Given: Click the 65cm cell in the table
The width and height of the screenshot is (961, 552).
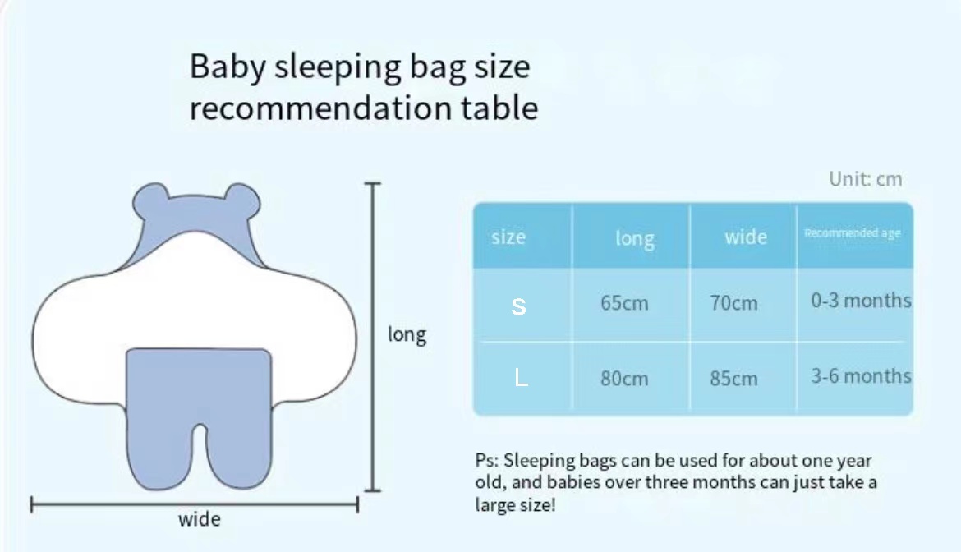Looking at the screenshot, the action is (624, 302).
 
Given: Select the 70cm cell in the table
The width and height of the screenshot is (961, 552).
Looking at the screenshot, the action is (733, 302).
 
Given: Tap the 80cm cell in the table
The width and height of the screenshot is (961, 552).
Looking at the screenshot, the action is (624, 378).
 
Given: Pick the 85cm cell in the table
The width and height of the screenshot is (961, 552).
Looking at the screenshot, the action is (733, 378).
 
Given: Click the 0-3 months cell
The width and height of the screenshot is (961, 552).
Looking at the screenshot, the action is (861, 300).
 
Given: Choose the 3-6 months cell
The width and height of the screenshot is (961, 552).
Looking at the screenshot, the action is (861, 375).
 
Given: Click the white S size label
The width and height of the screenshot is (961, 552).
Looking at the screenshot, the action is (518, 306).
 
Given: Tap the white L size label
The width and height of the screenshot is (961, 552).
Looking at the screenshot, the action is (521, 377).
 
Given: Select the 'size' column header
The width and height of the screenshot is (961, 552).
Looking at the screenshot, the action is (508, 237).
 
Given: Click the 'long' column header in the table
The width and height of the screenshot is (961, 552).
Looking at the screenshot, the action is (635, 238).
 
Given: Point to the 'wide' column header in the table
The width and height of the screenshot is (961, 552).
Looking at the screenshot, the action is (745, 237).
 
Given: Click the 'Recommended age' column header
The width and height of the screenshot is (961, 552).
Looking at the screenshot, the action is (853, 232).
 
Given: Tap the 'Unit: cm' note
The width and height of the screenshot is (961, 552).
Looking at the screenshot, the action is (866, 179).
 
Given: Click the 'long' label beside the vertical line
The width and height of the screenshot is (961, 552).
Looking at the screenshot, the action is (407, 335).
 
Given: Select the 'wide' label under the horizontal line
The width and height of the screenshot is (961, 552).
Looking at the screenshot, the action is (200, 519).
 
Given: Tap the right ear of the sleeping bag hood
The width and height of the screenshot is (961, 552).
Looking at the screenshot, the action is (241, 201).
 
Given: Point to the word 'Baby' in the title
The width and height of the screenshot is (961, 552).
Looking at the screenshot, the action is (227, 67).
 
